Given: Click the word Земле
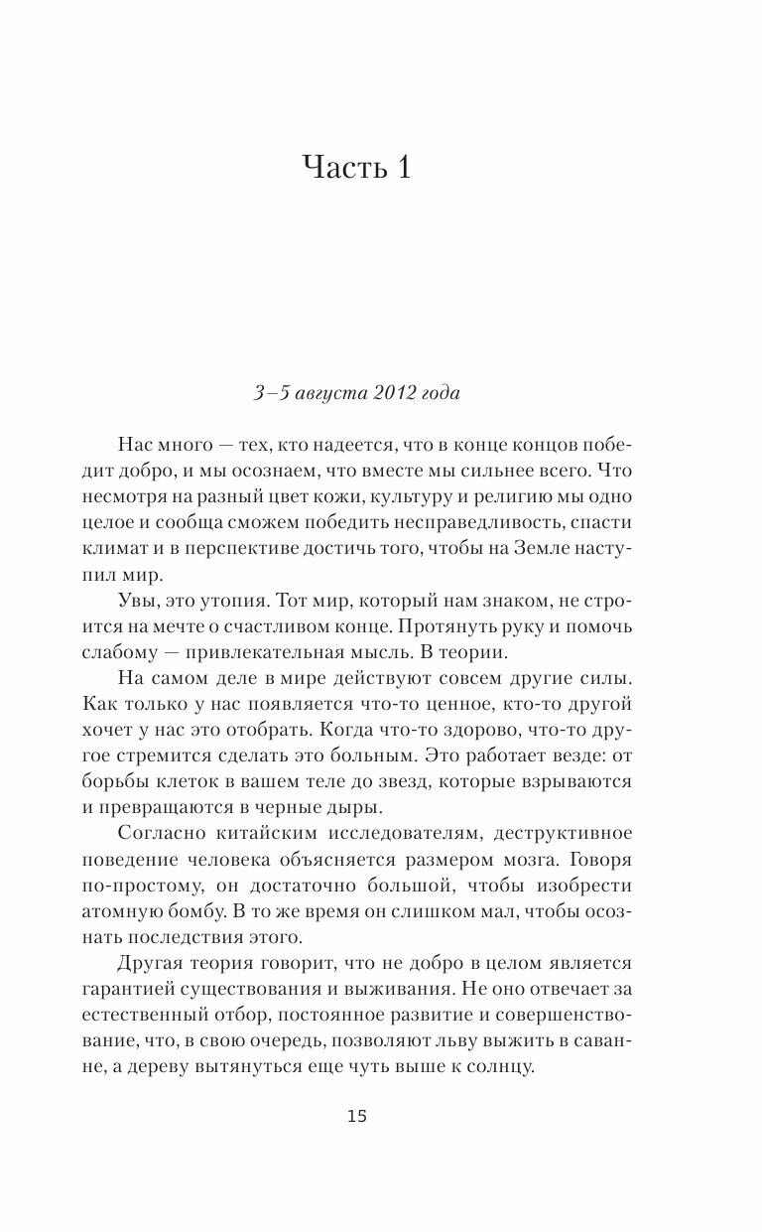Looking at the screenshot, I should (x=544, y=549).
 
